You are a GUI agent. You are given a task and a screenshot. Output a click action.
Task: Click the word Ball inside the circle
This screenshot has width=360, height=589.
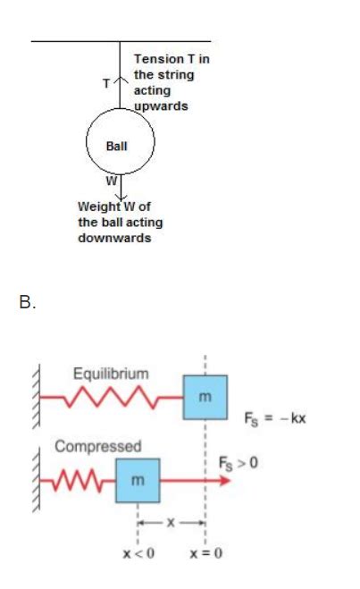119,146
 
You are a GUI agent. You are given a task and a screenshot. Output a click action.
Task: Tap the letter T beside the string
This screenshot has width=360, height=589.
106,83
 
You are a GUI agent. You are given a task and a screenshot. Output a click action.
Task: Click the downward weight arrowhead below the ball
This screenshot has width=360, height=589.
120,197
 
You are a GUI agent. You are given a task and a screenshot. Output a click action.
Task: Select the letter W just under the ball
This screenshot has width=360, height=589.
111,181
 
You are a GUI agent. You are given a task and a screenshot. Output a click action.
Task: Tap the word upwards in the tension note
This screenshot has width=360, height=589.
161,106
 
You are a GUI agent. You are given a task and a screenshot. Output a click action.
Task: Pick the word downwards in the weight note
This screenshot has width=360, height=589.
112,239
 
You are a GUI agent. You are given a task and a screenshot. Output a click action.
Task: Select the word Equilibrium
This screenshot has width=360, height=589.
113,373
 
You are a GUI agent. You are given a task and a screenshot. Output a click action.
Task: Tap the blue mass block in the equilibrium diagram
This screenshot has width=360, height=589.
205,398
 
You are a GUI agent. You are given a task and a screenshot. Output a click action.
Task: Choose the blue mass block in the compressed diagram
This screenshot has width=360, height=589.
137,481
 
